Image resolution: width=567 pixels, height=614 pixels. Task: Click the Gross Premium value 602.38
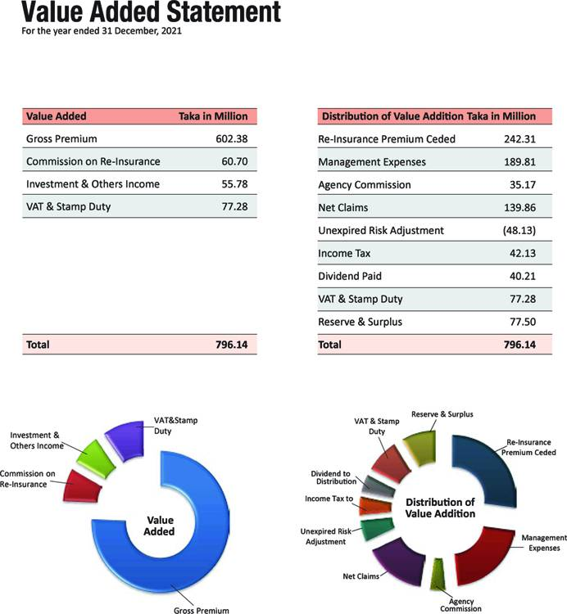click(232, 138)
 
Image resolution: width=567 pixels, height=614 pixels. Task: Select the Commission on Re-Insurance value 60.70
click(234, 161)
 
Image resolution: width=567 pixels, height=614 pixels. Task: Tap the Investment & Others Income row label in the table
click(93, 184)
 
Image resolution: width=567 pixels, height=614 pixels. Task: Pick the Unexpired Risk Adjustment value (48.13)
click(519, 230)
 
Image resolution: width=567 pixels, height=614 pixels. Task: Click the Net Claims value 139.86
click(519, 208)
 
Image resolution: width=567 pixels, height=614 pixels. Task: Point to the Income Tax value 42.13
click(522, 253)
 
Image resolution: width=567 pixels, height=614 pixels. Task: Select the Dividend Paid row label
click(350, 276)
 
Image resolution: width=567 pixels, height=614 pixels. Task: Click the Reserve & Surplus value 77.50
click(523, 322)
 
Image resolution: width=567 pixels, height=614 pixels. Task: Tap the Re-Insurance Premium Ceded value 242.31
click(519, 139)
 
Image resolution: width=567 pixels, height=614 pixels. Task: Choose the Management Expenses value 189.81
click(519, 162)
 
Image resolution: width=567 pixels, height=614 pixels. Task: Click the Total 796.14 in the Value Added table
click(232, 345)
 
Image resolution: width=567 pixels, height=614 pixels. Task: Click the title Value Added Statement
click(152, 11)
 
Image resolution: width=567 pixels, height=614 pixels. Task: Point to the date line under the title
click(102, 31)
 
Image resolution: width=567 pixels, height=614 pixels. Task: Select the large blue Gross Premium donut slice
click(211, 549)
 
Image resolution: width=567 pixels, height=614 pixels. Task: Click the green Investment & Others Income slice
click(96, 458)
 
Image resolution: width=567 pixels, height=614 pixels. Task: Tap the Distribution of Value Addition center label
click(440, 508)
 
